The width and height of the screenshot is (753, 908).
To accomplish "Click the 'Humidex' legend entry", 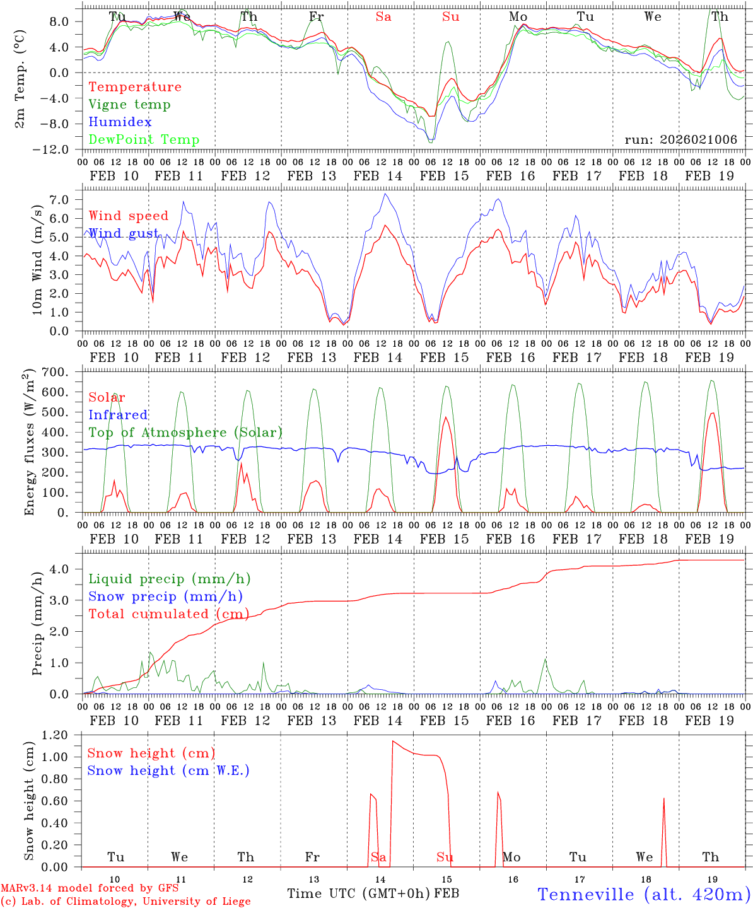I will coord(120,122).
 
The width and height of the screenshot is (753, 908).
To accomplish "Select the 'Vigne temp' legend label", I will coord(129,105).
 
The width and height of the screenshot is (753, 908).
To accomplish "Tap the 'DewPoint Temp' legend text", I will coord(144,140).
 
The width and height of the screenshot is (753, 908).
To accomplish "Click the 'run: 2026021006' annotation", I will coord(680,140).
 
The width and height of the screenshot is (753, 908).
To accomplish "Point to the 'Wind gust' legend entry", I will coord(124,233).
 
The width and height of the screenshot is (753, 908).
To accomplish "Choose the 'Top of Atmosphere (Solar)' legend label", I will coord(185,433).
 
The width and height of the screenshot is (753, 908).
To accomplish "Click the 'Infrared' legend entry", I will coord(118,415).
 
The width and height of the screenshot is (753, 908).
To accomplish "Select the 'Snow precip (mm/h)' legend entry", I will coord(165,597).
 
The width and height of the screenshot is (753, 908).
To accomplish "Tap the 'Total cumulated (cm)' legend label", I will coord(168,614).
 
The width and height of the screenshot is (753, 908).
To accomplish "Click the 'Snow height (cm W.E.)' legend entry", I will coord(168,771).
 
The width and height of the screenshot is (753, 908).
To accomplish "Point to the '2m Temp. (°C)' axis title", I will coord(20,79).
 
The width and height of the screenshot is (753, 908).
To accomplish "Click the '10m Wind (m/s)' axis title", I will coord(38,259).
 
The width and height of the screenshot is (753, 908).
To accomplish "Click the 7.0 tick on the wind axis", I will coord(58,200).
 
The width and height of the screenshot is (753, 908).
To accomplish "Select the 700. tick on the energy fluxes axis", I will coord(54,372).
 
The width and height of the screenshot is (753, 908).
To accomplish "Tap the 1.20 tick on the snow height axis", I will coord(54,735).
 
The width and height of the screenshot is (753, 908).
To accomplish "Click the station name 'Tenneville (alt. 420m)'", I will coord(643,894).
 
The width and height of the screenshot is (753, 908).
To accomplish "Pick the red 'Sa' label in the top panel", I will coord(383,17).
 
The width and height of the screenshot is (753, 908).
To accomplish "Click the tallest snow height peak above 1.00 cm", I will coord(393,742).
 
